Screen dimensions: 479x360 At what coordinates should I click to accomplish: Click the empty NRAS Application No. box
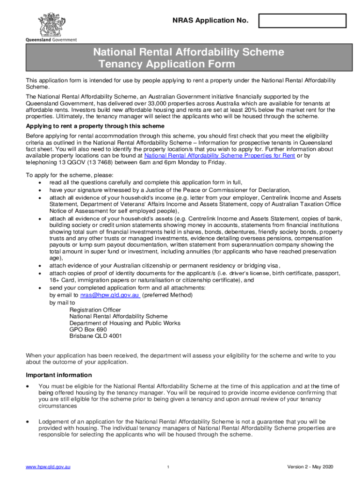click(x=302, y=21)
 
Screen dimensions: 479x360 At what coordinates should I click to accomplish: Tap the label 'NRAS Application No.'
click(x=210, y=21)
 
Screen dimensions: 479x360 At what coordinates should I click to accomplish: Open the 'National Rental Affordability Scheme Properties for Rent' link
click(x=219, y=156)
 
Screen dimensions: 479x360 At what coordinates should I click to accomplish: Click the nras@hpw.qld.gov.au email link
click(x=110, y=296)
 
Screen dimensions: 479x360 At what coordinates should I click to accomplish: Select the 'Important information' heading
click(x=59, y=375)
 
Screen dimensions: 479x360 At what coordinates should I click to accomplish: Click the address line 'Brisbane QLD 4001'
click(x=96, y=336)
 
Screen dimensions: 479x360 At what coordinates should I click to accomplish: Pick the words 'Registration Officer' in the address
click(x=95, y=310)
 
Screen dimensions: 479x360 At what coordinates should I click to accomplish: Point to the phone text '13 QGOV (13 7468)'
click(x=79, y=162)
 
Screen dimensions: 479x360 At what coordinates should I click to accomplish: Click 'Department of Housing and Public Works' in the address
click(x=125, y=323)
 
